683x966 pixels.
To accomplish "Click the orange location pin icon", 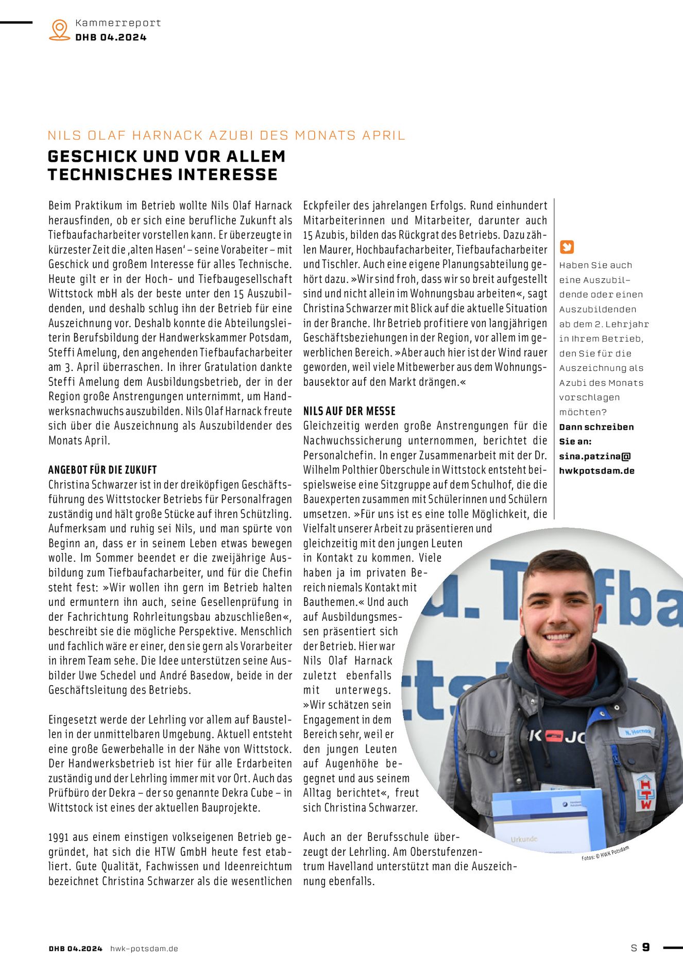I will point(60,29).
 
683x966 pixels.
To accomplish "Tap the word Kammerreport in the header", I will point(118,23).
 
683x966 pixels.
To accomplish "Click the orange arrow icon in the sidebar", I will point(567,247).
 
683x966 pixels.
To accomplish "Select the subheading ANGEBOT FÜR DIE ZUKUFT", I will point(103,470).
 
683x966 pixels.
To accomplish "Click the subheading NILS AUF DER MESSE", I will point(349,411).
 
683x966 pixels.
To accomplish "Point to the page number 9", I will point(646,947).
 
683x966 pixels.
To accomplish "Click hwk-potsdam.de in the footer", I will point(144,948).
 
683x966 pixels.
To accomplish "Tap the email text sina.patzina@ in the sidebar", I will point(595,456).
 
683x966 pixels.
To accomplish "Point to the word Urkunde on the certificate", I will point(524,839).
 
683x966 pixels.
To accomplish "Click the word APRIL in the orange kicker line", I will point(384,135).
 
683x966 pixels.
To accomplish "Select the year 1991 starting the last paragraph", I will point(58,837).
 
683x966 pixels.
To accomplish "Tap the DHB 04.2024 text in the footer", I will point(76,948).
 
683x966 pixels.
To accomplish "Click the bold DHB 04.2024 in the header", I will point(111,37).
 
